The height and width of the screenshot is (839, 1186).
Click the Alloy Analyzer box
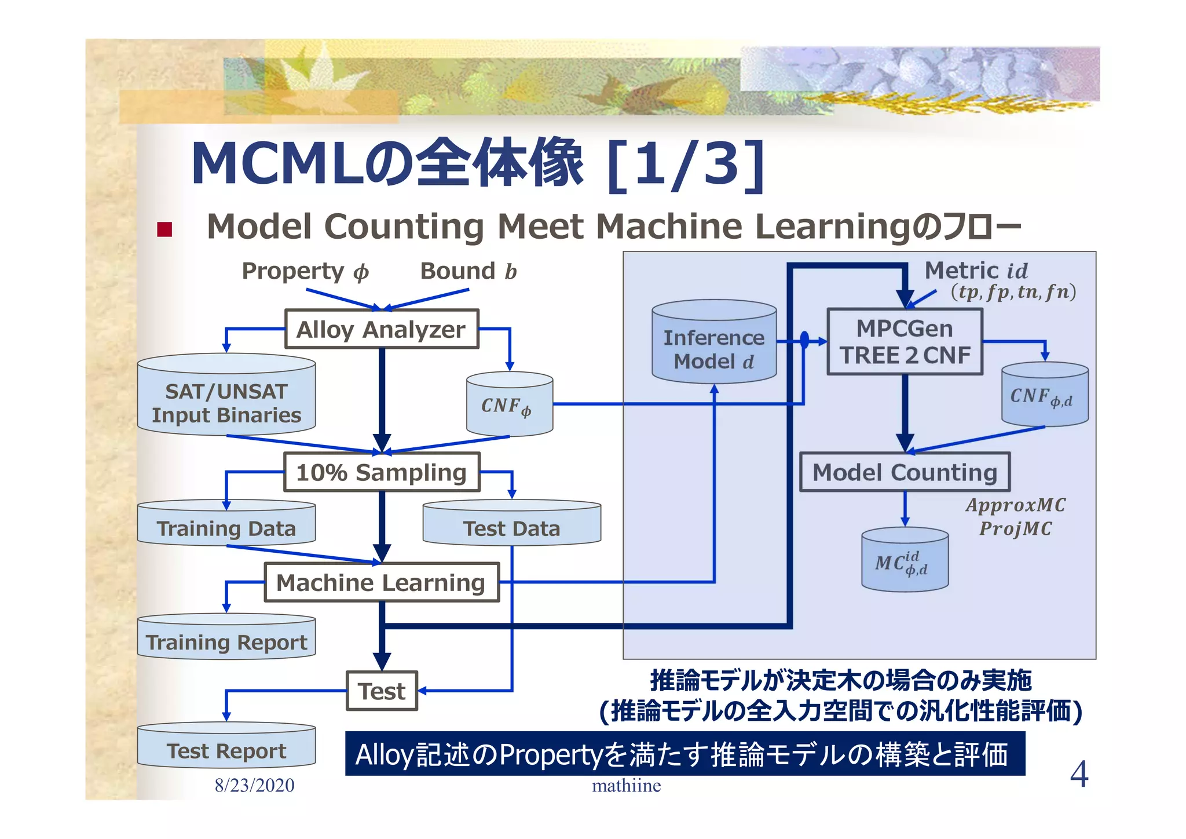381,329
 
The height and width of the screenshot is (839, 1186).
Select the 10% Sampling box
381,472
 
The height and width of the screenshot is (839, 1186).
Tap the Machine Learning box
381,582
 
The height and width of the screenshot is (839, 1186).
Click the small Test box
382,691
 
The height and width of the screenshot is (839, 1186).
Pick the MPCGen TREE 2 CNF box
905,342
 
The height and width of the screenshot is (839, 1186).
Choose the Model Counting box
905,472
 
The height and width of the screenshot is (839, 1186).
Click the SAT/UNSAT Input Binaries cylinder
226,400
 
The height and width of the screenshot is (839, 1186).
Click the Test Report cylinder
226,748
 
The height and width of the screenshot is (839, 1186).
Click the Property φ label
305,271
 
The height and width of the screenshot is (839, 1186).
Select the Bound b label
468,271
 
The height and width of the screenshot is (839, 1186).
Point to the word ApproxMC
1015,505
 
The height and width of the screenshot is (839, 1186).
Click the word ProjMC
1015,528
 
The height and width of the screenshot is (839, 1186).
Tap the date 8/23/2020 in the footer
254,785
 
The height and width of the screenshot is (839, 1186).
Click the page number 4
1078,774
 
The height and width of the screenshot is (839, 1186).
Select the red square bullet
164,229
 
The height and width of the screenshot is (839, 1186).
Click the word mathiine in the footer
626,786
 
